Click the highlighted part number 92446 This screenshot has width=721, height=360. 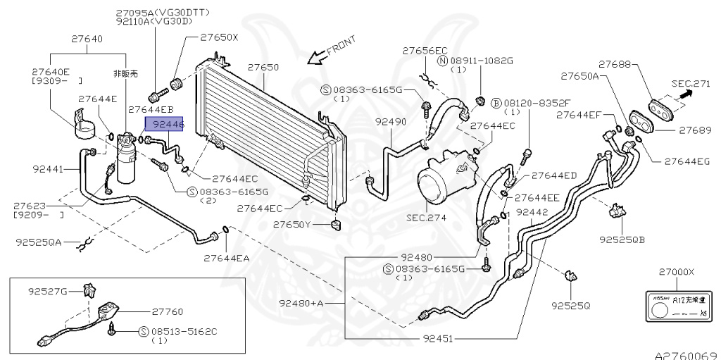point(165,123)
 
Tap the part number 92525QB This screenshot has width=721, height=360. point(622,240)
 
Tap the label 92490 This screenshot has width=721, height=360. point(390,122)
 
